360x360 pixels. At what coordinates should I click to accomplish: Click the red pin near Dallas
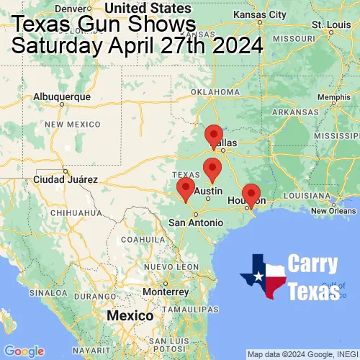click(x=214, y=135)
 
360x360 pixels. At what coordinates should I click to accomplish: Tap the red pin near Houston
click(x=251, y=194)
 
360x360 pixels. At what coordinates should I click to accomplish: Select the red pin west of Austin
click(x=186, y=189)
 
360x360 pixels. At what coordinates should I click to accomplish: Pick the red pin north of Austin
click(x=212, y=169)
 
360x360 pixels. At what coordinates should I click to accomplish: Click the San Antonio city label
click(x=195, y=222)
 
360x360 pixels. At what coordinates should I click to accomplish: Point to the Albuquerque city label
click(x=63, y=96)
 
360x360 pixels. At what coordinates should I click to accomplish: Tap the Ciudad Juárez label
click(x=62, y=179)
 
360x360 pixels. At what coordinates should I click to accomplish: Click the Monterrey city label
click(x=166, y=292)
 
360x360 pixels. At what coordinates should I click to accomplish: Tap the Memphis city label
click(x=333, y=97)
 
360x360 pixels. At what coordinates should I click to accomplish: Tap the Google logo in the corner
click(x=24, y=351)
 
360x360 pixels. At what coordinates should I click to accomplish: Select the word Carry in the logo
click(x=313, y=264)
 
